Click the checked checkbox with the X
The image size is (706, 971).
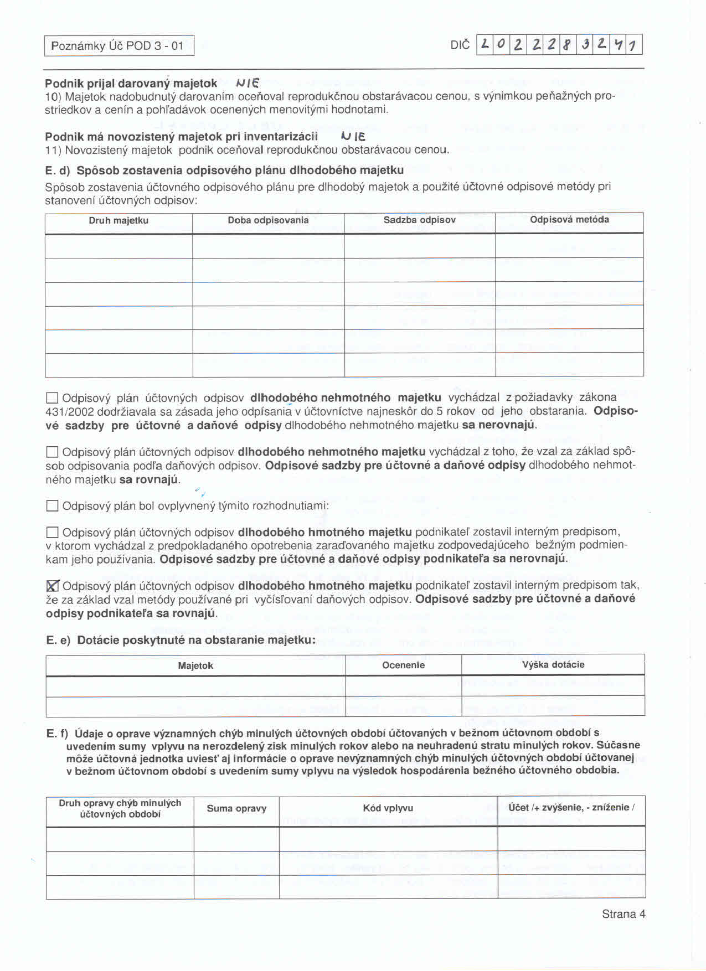coord(53,586)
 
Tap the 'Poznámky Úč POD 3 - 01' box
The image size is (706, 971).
coord(119,45)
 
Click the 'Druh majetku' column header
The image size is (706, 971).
coord(118,220)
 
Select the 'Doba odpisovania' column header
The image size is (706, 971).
coord(268,220)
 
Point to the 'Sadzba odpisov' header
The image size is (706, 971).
coord(419,220)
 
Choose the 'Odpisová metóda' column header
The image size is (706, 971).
coord(569,220)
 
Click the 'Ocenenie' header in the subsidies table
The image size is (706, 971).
coord(403,665)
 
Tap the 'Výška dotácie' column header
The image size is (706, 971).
coord(553,664)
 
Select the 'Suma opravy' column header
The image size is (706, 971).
coord(236,808)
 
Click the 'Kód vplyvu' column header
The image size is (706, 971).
coord(388,808)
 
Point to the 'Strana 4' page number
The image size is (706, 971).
coord(623,914)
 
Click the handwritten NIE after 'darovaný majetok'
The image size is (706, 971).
coord(248,84)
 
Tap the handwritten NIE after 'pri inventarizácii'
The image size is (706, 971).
coord(352,136)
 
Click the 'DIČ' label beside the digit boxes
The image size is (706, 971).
coord(460,45)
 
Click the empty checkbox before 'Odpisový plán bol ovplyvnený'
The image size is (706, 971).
coord(52,505)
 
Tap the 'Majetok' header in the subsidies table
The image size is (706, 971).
coord(195,665)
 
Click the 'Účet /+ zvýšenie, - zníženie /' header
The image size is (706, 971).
coord(571,808)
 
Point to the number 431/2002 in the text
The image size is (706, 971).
coord(69,412)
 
